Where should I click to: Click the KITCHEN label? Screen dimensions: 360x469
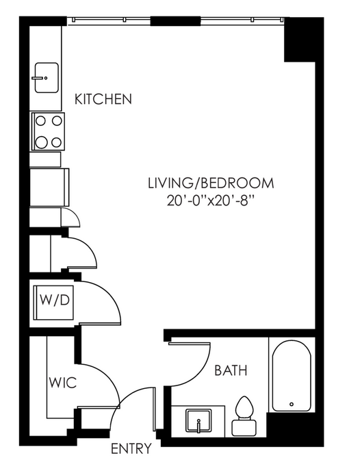(103, 99)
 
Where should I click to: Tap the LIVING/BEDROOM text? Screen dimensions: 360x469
(211, 183)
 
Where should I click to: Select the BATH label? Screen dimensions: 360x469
(231, 370)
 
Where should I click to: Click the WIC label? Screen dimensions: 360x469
(63, 383)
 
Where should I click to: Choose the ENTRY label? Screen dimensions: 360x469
(131, 448)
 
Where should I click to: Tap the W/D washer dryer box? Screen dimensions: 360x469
(54, 303)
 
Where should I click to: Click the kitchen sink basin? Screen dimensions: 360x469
(47, 78)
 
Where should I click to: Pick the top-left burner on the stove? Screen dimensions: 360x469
(40, 121)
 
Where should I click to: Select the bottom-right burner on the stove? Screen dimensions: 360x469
(56, 142)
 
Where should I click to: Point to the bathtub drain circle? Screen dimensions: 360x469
(292, 404)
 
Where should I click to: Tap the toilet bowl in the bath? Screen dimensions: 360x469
(244, 407)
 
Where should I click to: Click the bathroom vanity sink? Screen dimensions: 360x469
(198, 420)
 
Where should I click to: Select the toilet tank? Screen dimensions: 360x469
(244, 427)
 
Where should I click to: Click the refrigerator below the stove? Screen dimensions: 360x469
(49, 188)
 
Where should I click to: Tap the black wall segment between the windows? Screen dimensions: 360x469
(175, 21)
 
